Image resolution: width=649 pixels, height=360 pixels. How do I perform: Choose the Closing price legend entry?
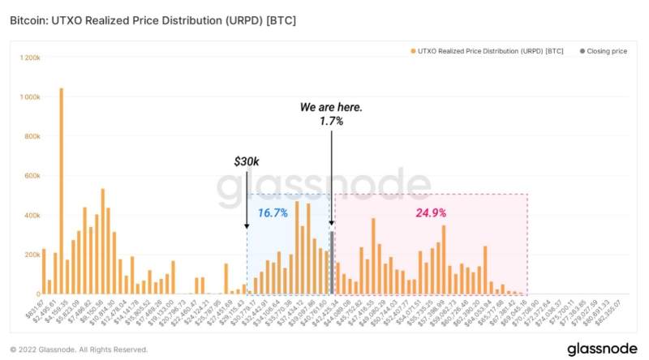point(604,51)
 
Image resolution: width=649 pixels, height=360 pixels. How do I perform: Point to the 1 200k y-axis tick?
point(28,58)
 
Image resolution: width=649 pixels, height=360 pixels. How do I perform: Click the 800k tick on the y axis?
point(32,137)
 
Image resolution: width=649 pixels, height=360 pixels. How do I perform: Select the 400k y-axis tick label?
point(32,216)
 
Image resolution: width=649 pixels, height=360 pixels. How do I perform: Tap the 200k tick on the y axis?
point(32,255)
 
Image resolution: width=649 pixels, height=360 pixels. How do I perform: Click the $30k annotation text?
point(247,162)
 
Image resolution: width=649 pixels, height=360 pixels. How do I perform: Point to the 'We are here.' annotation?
point(331,107)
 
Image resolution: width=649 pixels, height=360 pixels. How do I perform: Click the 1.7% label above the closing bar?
point(331,121)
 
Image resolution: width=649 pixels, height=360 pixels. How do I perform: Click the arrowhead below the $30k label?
point(247,229)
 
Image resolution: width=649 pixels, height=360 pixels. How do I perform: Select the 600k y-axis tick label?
point(32,176)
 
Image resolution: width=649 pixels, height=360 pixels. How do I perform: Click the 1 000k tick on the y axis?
point(28,97)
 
